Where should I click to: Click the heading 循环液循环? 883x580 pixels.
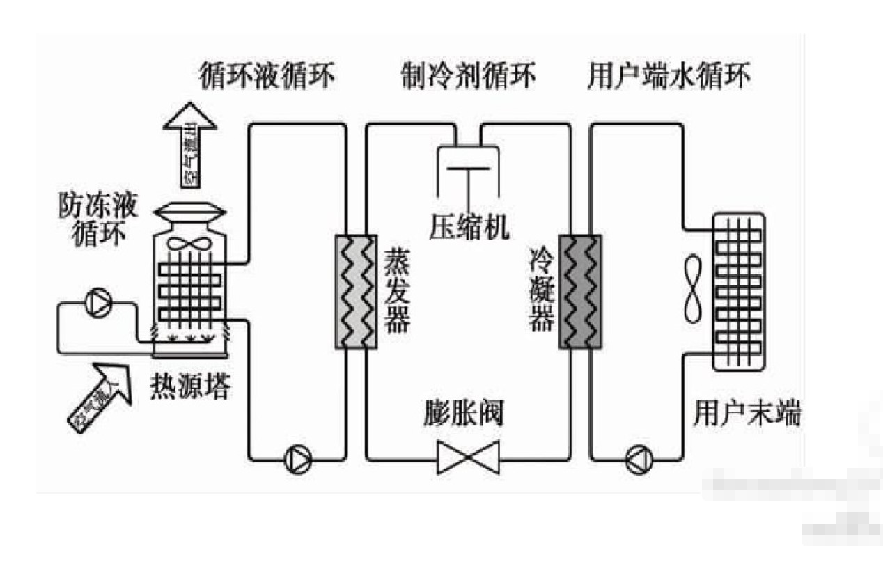(267, 75)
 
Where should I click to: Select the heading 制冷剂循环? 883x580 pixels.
(469, 75)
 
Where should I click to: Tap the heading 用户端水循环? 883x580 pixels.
(669, 75)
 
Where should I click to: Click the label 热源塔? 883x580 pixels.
(189, 388)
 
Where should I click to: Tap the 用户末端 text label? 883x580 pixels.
(747, 414)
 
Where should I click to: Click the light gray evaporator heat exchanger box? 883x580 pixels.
(356, 292)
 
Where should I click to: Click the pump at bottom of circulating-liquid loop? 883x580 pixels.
(298, 459)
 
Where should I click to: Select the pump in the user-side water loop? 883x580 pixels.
(639, 459)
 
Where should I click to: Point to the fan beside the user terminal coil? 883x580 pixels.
(692, 290)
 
